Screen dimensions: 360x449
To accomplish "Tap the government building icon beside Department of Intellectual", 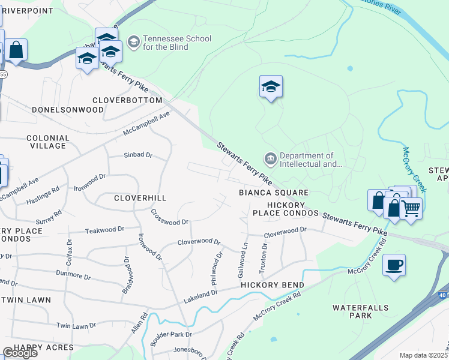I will [270, 159].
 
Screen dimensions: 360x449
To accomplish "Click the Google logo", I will [20, 353].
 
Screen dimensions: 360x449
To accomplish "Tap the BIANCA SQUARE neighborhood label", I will [274, 193].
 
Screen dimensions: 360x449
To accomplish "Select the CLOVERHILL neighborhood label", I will [140, 197].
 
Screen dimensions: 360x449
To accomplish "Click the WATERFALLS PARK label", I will [361, 311].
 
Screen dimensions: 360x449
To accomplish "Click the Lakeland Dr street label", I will [200, 294].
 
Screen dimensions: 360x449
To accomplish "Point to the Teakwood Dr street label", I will [104, 230].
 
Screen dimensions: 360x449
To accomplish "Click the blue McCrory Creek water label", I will [415, 169].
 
